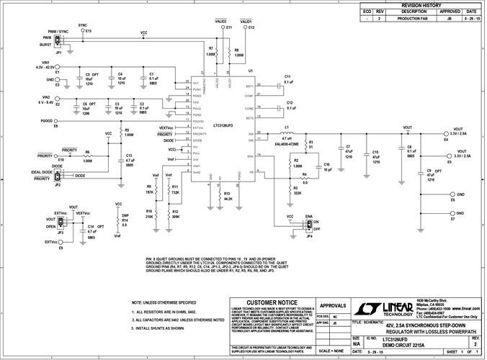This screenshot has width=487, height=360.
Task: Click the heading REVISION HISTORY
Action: pyautogui.click(x=432, y=4)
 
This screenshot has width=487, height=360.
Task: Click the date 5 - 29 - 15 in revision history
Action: pyautogui.click(x=471, y=19)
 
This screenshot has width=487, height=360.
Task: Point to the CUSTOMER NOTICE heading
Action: pyautogui.click(x=272, y=302)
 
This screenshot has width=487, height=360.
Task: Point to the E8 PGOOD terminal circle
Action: pyautogui.click(x=56, y=121)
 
